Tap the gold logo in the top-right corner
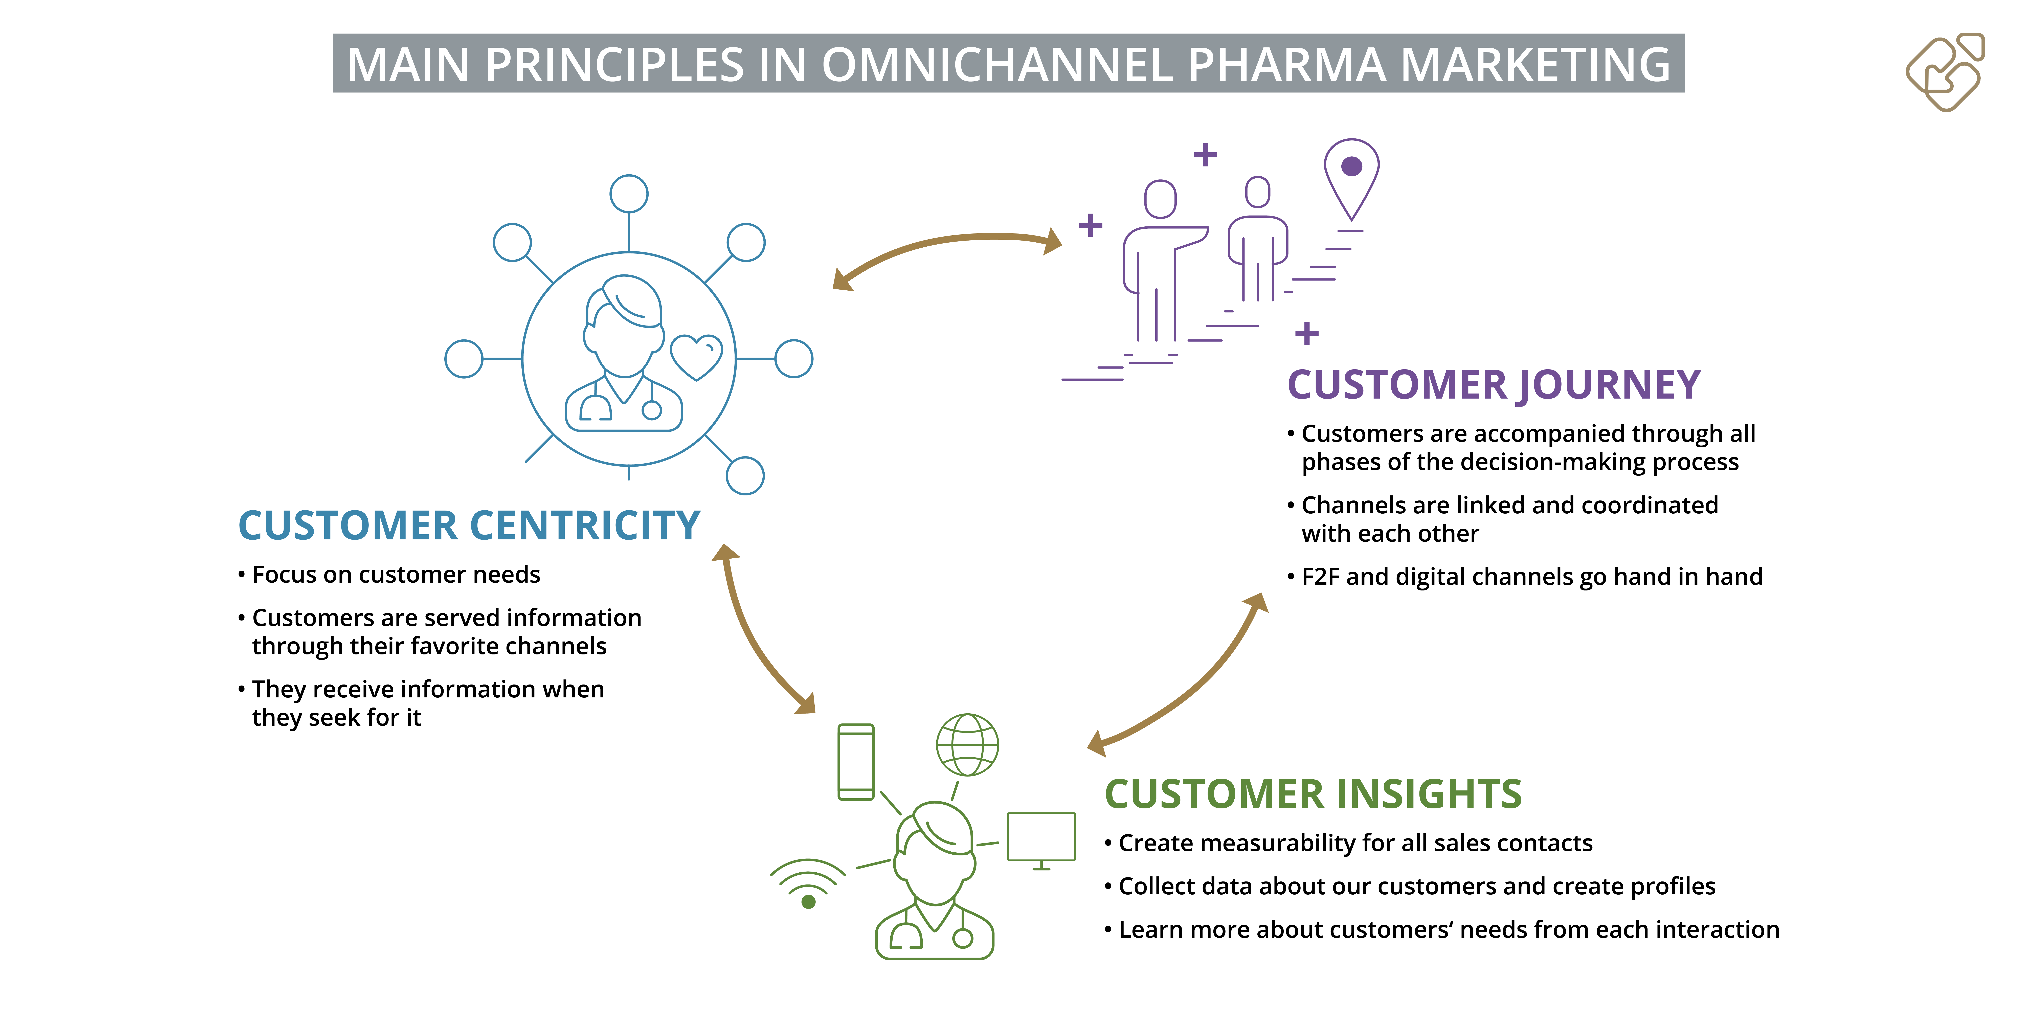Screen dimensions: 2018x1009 pos(1945,72)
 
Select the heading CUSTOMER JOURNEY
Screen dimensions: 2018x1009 pos(1494,385)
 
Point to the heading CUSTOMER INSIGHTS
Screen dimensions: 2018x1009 pos(1313,794)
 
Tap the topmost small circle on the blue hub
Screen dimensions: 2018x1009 pos(629,194)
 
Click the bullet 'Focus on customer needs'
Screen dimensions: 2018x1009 pos(389,575)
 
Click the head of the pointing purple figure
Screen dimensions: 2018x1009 pos(1160,199)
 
